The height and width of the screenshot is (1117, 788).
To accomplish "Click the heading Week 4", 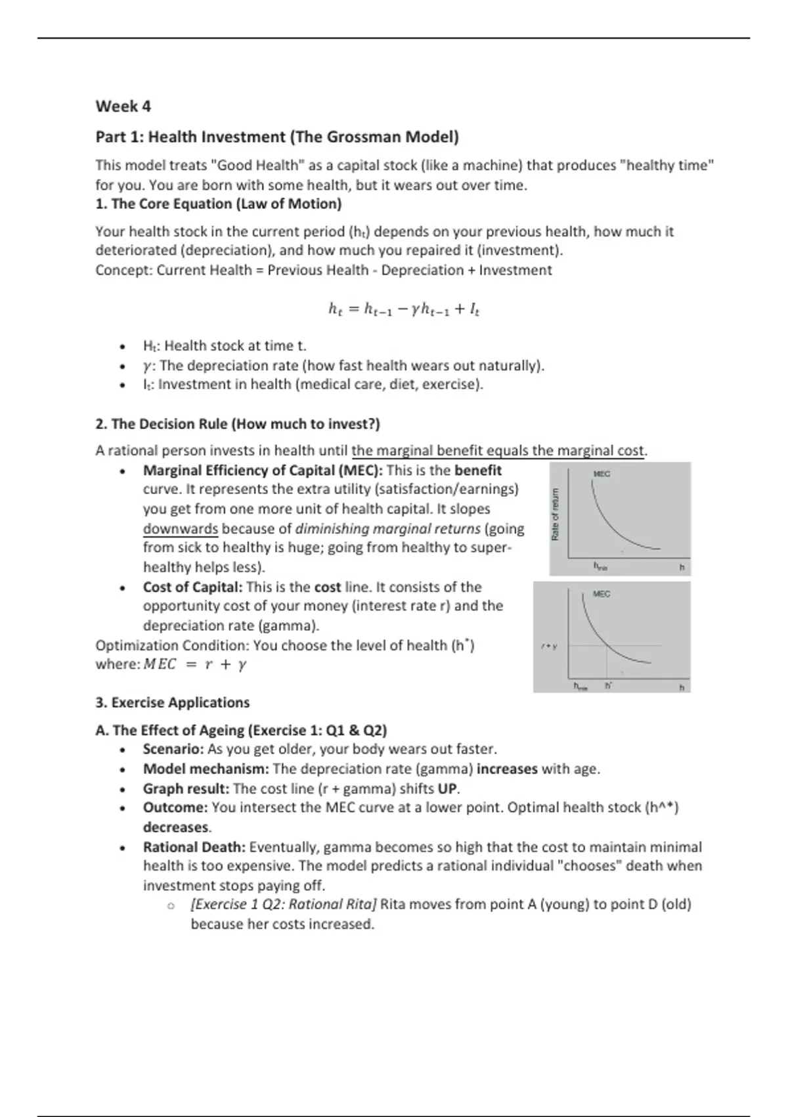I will click(123, 106).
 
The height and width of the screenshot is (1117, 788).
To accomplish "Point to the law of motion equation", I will click(403, 309).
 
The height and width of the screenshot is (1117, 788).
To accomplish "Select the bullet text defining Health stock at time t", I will click(225, 346).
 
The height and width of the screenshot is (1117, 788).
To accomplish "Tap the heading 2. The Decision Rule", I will click(237, 424).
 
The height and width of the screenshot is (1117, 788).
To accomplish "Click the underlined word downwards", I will click(180, 529).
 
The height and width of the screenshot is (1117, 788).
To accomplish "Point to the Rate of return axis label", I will click(556, 514).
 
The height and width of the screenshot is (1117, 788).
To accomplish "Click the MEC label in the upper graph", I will click(602, 474).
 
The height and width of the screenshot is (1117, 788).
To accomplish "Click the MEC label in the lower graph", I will click(602, 594).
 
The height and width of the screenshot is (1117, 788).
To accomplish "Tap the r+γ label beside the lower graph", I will click(549, 647).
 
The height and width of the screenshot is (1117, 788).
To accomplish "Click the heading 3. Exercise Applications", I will click(172, 702).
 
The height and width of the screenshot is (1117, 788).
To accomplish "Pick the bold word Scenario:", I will click(173, 749).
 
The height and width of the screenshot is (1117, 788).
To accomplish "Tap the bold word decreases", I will click(176, 827).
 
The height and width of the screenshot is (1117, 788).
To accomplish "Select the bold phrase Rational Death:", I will click(194, 847).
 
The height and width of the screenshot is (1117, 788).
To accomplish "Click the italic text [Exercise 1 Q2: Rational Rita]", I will click(283, 905).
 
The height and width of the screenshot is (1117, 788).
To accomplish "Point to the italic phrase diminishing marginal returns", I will click(387, 529).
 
